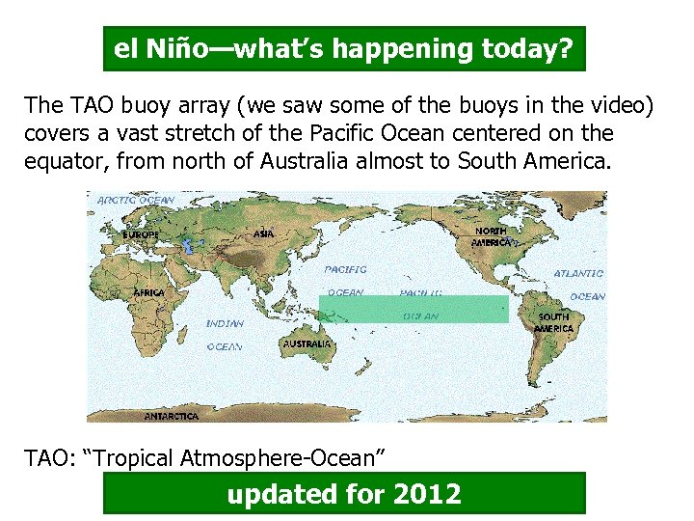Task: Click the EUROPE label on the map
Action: [x=141, y=234]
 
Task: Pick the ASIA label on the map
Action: [x=262, y=233]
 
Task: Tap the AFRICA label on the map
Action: [x=149, y=291]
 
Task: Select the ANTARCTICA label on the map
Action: [x=171, y=416]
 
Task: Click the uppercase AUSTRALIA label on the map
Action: [x=307, y=343]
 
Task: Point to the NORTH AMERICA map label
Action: [x=492, y=237]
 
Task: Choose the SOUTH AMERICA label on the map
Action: [x=554, y=322]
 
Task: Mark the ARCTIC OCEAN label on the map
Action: [x=135, y=201]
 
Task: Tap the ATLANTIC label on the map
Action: [x=578, y=274]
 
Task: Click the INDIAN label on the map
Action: [x=224, y=324]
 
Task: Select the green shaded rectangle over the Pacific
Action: [x=413, y=309]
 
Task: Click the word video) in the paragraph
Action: [x=617, y=104]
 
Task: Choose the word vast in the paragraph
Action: [x=119, y=132]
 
